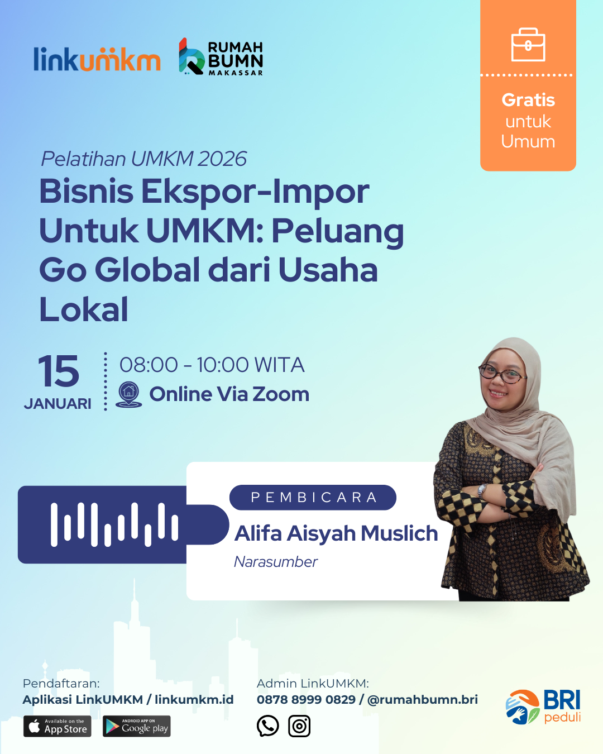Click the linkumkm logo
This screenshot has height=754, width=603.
pyautogui.click(x=97, y=59)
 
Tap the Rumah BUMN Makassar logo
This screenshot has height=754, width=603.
pyautogui.click(x=221, y=57)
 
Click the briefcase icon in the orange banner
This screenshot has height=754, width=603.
pyautogui.click(x=528, y=45)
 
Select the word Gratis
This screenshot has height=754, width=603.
pyautogui.click(x=528, y=100)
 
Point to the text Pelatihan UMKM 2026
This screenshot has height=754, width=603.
pyautogui.click(x=143, y=159)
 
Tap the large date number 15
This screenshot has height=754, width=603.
pyautogui.click(x=59, y=371)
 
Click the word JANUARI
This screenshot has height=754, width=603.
pyautogui.click(x=58, y=404)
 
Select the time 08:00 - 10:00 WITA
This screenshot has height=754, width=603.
pyautogui.click(x=212, y=365)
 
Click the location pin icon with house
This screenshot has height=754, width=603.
pyautogui.click(x=128, y=394)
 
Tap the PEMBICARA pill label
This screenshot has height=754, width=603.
pyautogui.click(x=313, y=498)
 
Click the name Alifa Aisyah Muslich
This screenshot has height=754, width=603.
pyautogui.click(x=336, y=533)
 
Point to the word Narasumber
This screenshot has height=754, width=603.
pyautogui.click(x=276, y=562)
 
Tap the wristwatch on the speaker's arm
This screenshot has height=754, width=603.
pyautogui.click(x=483, y=490)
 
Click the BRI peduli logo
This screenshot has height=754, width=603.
pyautogui.click(x=543, y=707)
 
